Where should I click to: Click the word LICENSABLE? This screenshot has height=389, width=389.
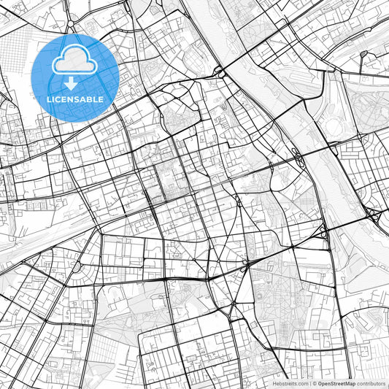pyautogui.click(x=74, y=99)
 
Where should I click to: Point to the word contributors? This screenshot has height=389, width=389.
pyautogui.click(x=371, y=382)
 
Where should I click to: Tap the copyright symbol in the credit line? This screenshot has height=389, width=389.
pyautogui.click(x=314, y=382)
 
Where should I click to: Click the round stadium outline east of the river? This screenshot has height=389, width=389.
pyautogui.click(x=335, y=128)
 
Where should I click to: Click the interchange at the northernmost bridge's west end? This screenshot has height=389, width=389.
pyautogui.click(x=218, y=71)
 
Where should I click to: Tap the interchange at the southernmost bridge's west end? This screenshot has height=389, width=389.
pyautogui.click(x=322, y=232)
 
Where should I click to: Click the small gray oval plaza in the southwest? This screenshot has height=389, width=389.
pyautogui.click(x=75, y=268)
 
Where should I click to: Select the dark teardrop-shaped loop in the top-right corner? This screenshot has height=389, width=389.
pyautogui.click(x=364, y=53)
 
